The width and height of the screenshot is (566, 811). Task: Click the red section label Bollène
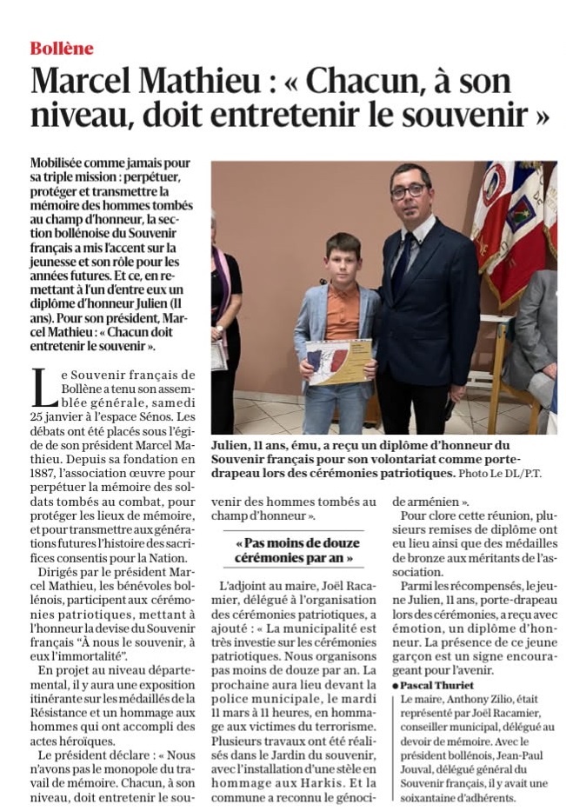click(x=61, y=48)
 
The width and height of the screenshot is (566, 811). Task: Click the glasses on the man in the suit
click(x=409, y=189)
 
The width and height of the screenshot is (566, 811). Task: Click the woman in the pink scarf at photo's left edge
click(x=224, y=296)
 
